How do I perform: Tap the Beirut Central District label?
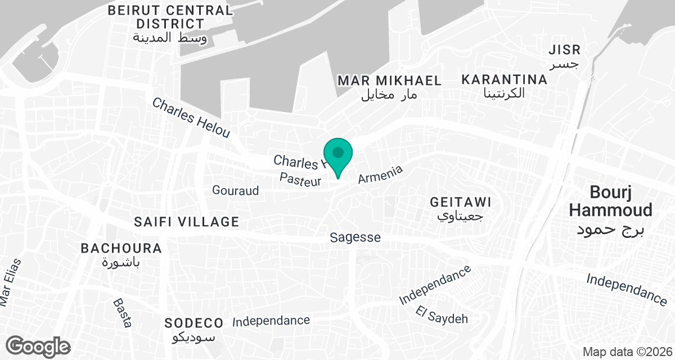point(170,17)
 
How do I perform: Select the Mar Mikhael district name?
point(389,80)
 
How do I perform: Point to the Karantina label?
point(504,80)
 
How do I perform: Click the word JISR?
point(564,51)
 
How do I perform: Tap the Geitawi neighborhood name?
point(460,201)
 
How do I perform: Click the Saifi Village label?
point(187,222)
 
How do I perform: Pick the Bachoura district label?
point(121,248)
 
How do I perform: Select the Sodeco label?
point(194,323)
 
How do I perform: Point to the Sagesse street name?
point(355,238)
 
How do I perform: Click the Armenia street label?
point(381,174)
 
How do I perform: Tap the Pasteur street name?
point(300,180)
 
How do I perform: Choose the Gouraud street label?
point(235,191)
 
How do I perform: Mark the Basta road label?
point(122,313)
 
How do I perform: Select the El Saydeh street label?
point(442,315)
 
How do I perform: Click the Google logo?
point(38,346)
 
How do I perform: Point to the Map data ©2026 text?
point(627,352)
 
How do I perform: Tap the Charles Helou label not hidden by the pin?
point(191,118)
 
